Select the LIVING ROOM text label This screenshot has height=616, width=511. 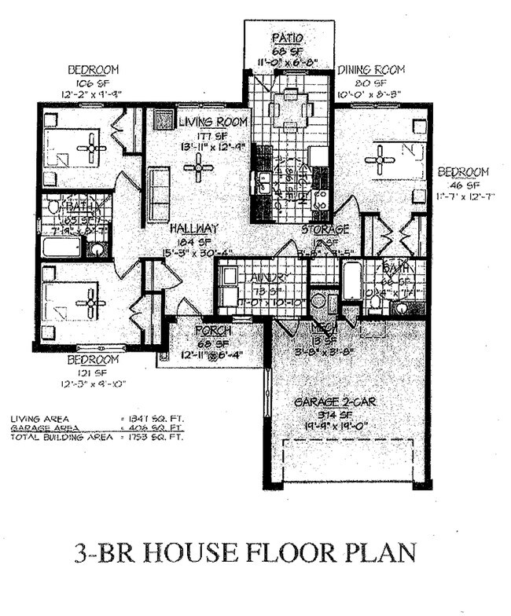tap(212, 123)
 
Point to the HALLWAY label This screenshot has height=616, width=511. tap(193, 229)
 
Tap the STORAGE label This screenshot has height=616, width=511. tap(325, 229)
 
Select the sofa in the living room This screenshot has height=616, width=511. tap(159, 196)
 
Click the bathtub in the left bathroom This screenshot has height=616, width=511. tap(61, 247)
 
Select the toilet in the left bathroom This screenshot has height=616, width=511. tap(53, 207)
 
